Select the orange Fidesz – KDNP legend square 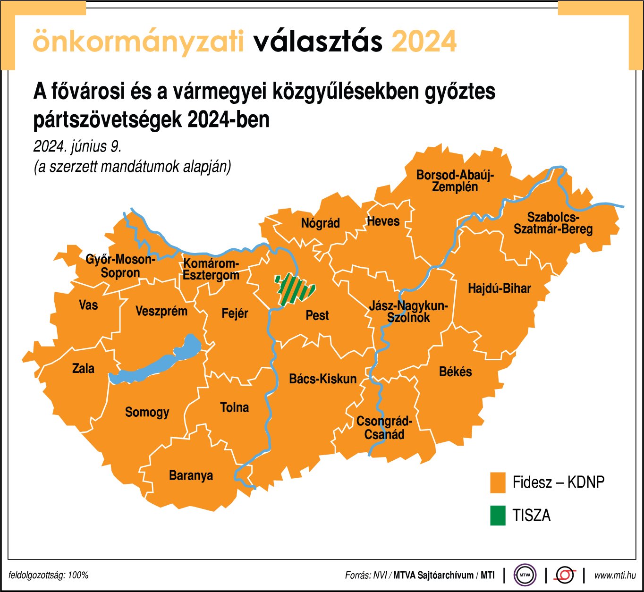(x=498, y=482)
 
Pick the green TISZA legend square (x=498, y=515)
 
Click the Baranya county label (x=191, y=475)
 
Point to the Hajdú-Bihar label (x=499, y=288)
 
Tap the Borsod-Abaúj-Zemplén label (x=455, y=181)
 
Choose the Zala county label (x=83, y=368)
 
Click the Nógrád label (x=320, y=223)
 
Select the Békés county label (x=455, y=372)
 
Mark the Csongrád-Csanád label (x=384, y=428)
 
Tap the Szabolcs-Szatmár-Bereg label (x=553, y=223)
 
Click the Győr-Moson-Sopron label (x=120, y=266)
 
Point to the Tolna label (x=234, y=407)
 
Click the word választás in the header (x=318, y=42)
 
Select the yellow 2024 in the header (x=424, y=42)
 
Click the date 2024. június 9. (x=77, y=146)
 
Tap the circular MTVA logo (x=525, y=575)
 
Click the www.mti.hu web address (x=615, y=575)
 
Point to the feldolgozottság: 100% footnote (x=49, y=575)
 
